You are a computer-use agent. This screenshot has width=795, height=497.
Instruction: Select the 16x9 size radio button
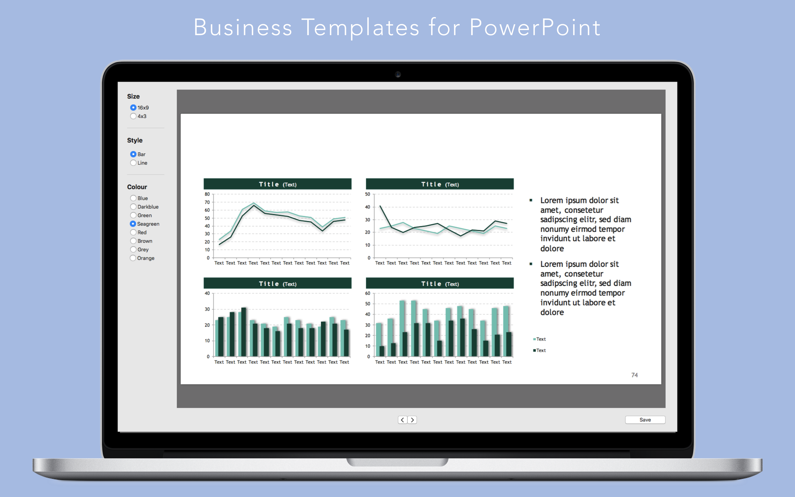click(x=133, y=107)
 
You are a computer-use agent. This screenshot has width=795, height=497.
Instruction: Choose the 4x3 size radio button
click(x=133, y=116)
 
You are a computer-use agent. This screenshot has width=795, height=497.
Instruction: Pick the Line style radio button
click(x=133, y=163)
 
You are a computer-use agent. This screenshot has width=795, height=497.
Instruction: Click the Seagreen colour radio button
click(x=133, y=224)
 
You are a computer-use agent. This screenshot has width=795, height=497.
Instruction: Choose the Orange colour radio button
click(x=133, y=258)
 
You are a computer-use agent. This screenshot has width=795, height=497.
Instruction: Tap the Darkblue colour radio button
click(x=133, y=207)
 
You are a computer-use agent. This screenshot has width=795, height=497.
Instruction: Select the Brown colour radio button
click(x=133, y=241)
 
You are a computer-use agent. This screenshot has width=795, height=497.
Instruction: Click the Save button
click(x=645, y=420)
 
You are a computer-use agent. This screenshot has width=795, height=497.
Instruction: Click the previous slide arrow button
click(x=402, y=420)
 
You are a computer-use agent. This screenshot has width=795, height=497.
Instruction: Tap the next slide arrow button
click(x=412, y=420)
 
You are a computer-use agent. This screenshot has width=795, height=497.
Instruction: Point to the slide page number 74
click(x=634, y=375)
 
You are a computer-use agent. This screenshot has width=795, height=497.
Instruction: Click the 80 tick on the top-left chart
click(x=207, y=194)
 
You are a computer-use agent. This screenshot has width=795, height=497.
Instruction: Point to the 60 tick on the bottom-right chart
click(x=368, y=293)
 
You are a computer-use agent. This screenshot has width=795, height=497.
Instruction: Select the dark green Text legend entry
click(x=539, y=350)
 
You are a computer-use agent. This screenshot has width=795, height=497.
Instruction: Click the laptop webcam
click(x=398, y=74)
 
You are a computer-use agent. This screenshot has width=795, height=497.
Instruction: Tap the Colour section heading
click(x=137, y=187)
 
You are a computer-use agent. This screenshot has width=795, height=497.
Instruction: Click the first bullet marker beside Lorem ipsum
click(x=531, y=200)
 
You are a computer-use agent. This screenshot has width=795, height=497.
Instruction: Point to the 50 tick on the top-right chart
click(x=368, y=194)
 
